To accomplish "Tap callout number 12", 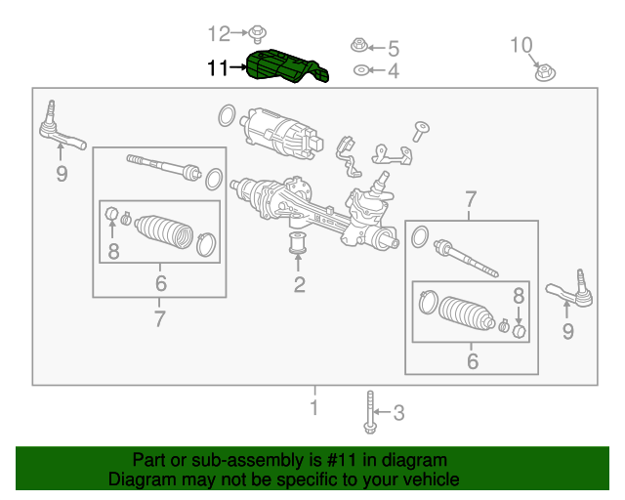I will coord(219,34).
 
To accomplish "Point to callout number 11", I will coord(217,68).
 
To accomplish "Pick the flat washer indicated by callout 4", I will coord(360,70).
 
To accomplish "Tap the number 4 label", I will coord(393,71).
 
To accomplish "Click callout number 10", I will coord(521,44).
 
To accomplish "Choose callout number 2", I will coord(300,285).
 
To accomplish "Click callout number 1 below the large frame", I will coord(313,407).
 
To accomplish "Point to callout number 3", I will coord(397,414).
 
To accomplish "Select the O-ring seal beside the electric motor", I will coord(226,117).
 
